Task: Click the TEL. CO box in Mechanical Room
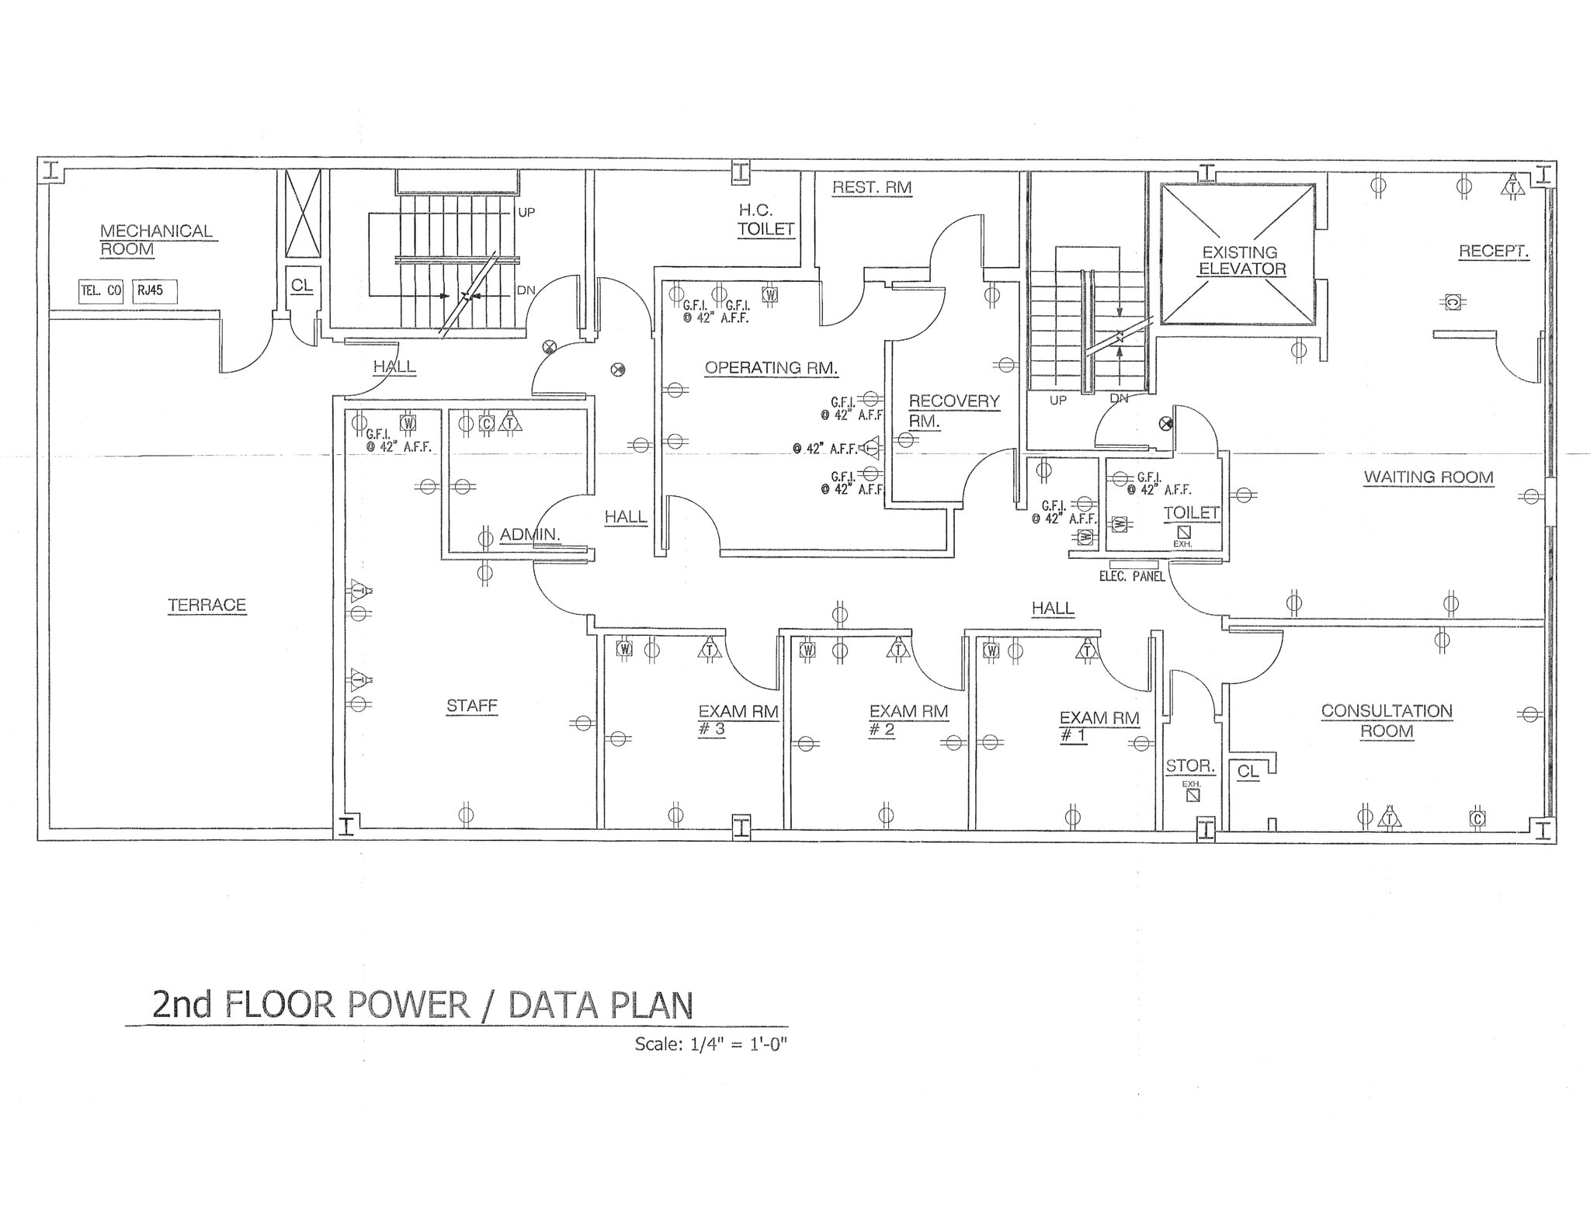(x=101, y=291)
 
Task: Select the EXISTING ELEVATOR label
(x=1241, y=260)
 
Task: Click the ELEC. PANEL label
(x=1132, y=576)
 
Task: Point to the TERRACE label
(x=207, y=605)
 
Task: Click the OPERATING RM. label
(x=771, y=367)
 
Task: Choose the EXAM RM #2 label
(x=908, y=720)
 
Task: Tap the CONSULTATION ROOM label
(x=1387, y=720)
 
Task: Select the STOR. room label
(x=1189, y=766)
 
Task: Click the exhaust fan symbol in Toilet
(x=1183, y=532)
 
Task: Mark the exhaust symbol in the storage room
(x=1193, y=795)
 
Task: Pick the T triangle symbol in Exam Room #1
(x=1087, y=650)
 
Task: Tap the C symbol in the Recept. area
(x=1453, y=301)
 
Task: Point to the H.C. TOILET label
(x=765, y=220)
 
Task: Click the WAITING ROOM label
(x=1429, y=477)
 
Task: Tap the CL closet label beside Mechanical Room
(x=301, y=285)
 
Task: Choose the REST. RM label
(x=871, y=187)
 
